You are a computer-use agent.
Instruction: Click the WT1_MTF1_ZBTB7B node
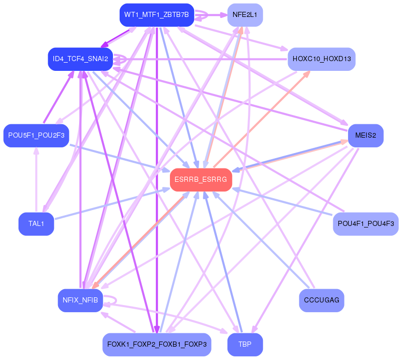(x=157, y=15)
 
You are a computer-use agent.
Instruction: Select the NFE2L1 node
(x=245, y=15)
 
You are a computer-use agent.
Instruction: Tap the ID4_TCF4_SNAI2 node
(x=80, y=59)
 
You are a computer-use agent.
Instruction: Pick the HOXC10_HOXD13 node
(x=321, y=59)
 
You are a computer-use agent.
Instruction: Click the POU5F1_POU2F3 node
(x=36, y=136)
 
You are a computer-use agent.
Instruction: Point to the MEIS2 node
(x=366, y=136)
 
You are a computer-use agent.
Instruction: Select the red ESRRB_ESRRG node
(x=201, y=180)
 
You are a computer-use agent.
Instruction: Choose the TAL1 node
(x=36, y=224)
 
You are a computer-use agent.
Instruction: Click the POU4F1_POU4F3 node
(x=366, y=224)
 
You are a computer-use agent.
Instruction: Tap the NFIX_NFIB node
(x=80, y=300)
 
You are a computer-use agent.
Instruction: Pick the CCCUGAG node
(x=321, y=300)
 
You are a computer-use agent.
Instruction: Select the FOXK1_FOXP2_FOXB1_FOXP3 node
(x=157, y=344)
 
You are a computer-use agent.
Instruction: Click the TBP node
(x=245, y=344)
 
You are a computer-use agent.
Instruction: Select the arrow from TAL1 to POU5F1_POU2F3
(x=36, y=180)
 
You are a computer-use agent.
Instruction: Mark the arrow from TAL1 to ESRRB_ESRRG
(x=113, y=204)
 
